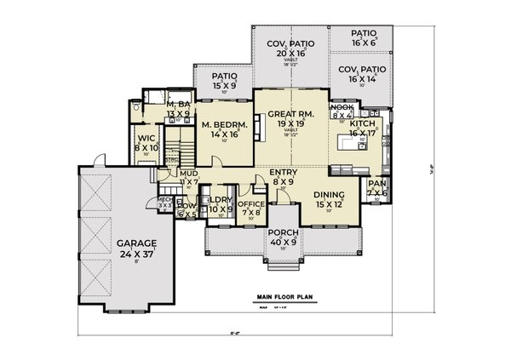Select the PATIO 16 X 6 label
tap(364, 36)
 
